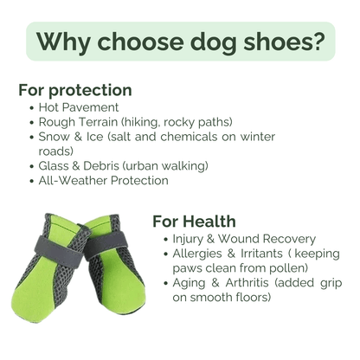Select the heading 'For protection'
coord(74,90)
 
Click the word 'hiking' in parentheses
coord(170,122)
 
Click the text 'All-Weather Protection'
coord(103,180)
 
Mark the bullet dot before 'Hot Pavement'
coord(31,107)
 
